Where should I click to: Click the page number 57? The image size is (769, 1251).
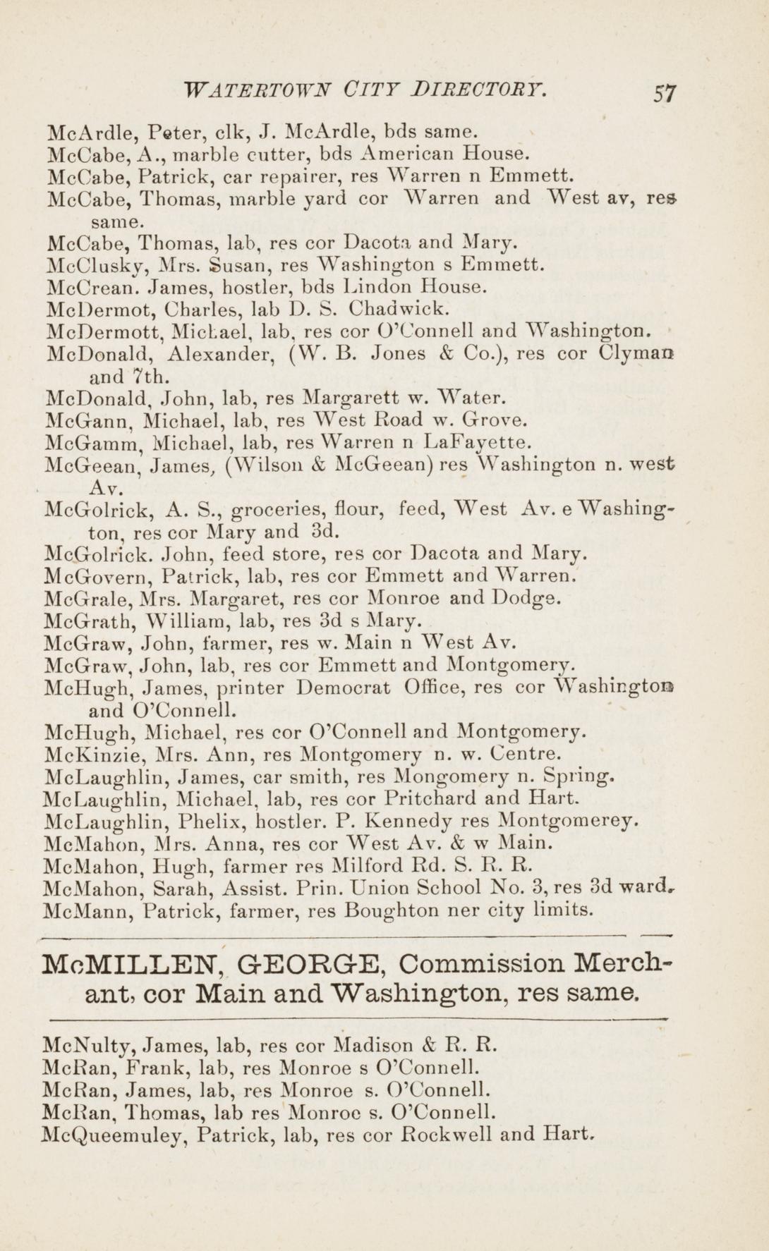pyautogui.click(x=665, y=93)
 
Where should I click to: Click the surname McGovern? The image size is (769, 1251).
pyautogui.click(x=97, y=578)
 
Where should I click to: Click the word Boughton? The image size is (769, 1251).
pyautogui.click(x=389, y=910)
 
